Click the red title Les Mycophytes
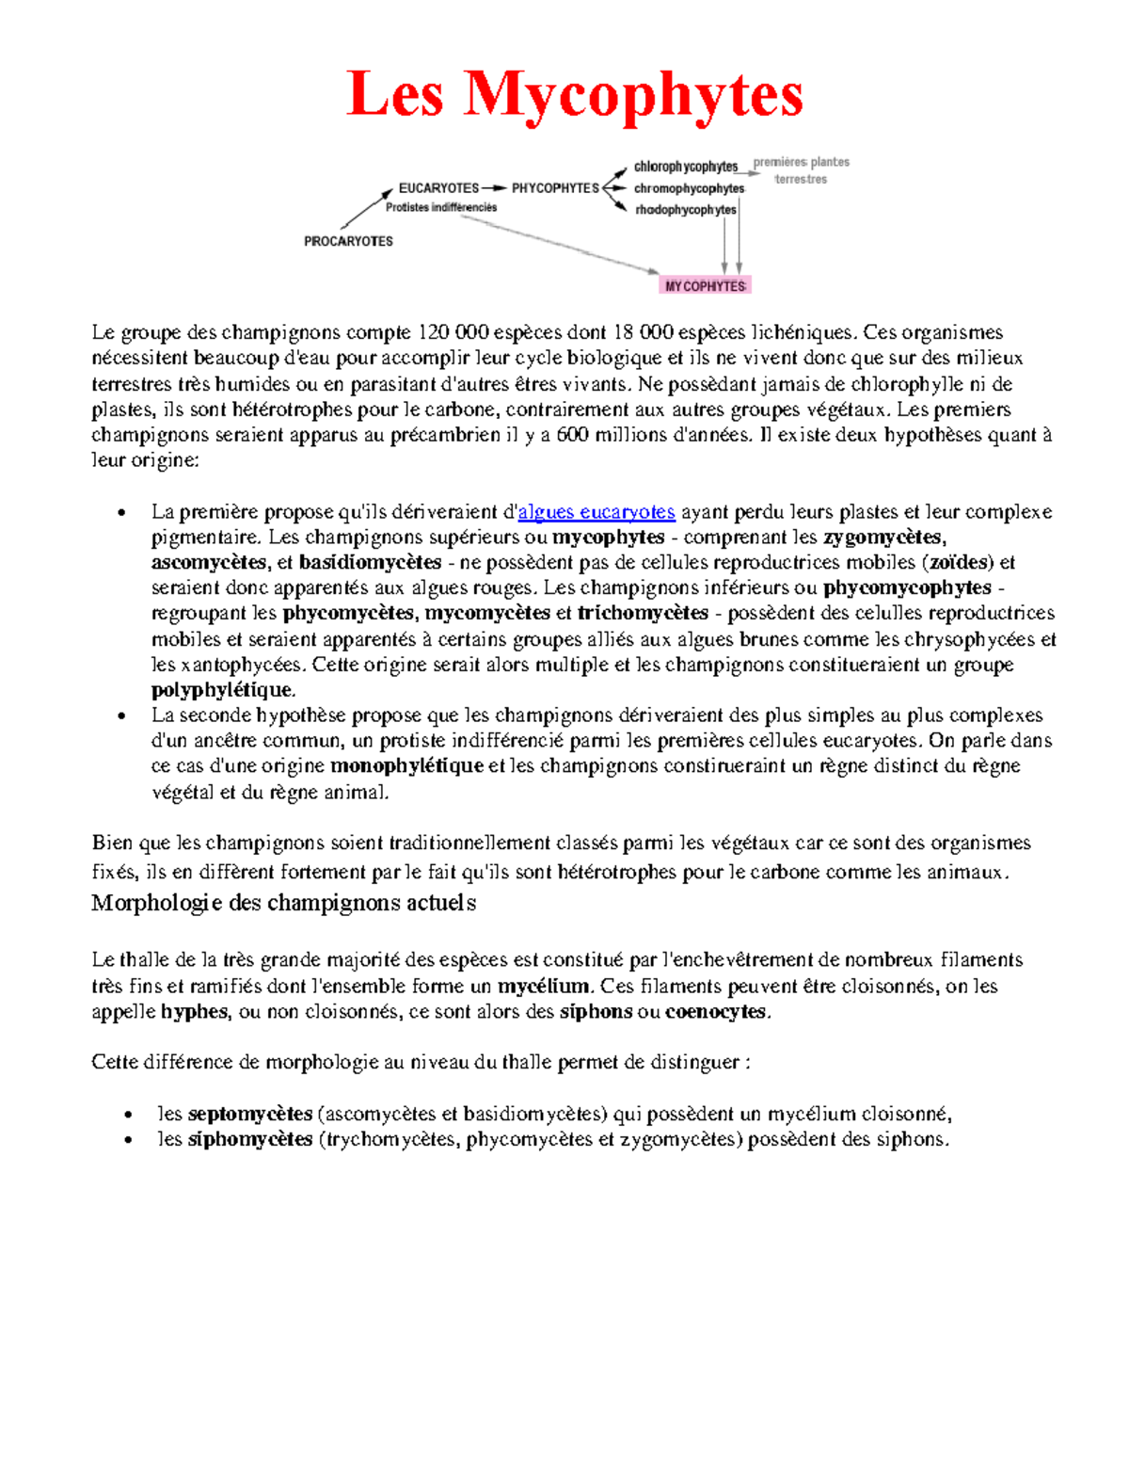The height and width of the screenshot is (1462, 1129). tap(575, 95)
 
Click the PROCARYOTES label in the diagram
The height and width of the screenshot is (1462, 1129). tap(348, 241)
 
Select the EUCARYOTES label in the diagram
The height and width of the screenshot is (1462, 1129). tap(438, 188)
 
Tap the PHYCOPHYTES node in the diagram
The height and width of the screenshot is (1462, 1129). tap(555, 188)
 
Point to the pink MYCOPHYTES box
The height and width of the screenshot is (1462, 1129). tap(706, 286)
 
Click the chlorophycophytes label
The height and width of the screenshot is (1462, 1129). tap(686, 167)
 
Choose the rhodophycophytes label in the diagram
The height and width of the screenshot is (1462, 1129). tap(686, 210)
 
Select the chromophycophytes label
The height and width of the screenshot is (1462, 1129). tap(689, 188)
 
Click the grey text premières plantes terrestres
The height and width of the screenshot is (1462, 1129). tap(802, 170)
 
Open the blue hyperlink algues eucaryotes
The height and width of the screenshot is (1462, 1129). tap(596, 512)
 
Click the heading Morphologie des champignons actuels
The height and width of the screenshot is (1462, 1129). tap(283, 903)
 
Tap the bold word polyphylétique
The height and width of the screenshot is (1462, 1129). tap(222, 690)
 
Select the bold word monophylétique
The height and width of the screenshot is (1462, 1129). tap(406, 766)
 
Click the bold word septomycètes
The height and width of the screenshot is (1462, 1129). tap(250, 1114)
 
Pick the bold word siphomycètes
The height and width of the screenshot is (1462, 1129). tap(250, 1139)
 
